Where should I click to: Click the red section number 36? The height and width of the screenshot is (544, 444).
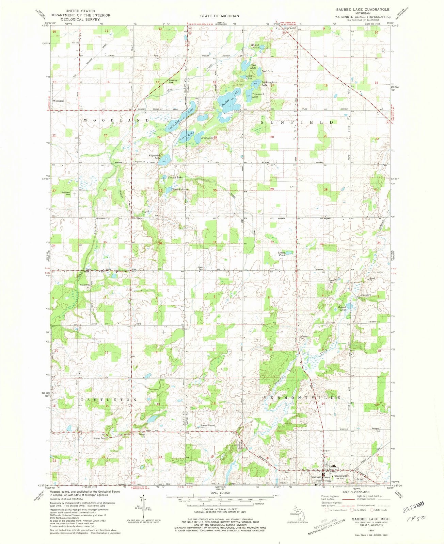pyautogui.click(x=160, y=243)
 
